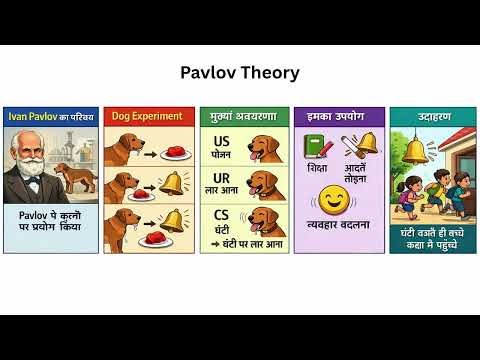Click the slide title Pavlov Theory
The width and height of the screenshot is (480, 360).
pos(239,73)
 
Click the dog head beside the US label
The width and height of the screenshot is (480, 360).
pos(264,150)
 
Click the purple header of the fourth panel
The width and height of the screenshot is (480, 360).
pos(339,116)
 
